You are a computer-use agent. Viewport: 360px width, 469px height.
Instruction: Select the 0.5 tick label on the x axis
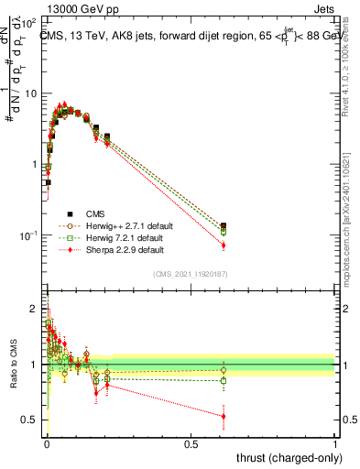[x=191, y=443]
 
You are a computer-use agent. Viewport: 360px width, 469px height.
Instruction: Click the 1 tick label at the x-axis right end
[x=334, y=443]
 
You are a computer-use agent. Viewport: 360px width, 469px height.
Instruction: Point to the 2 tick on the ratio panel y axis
[x=34, y=310]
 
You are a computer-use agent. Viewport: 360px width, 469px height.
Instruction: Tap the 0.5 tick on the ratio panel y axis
[x=30, y=420]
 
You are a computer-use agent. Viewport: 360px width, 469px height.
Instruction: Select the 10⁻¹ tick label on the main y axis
[x=30, y=235]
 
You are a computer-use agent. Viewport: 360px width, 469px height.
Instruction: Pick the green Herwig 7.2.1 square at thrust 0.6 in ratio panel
[x=224, y=380]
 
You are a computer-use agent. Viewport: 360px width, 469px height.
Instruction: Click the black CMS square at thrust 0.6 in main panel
[x=224, y=226]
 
